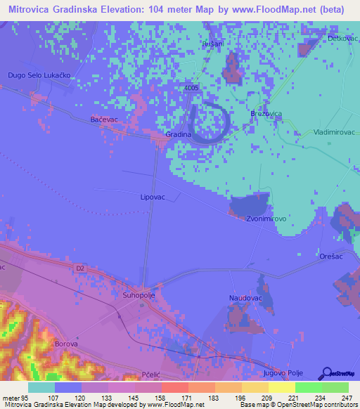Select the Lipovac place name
[153, 197]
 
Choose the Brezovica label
[266, 113]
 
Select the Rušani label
[212, 44]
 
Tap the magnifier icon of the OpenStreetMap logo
[328, 373]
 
